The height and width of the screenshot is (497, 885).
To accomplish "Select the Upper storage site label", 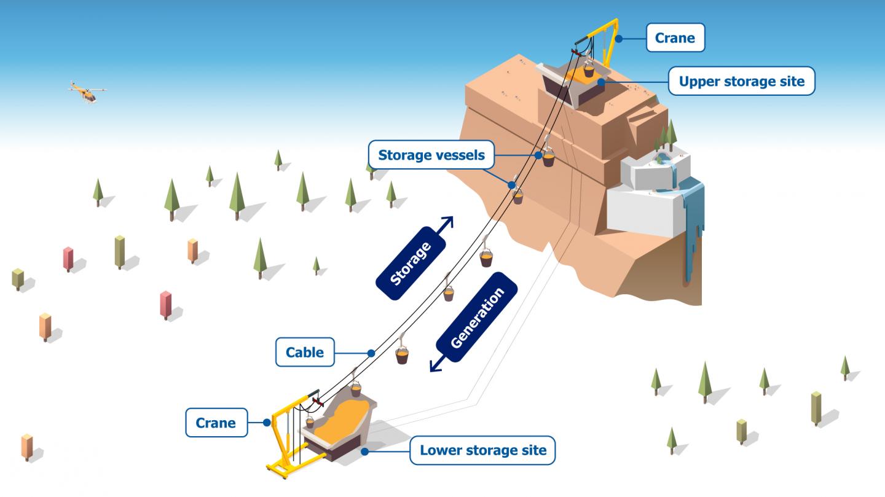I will (741, 81).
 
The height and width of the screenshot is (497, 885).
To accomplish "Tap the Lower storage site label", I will (482, 450).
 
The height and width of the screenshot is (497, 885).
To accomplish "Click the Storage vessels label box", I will (431, 155).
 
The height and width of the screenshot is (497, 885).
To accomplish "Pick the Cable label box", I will (304, 352).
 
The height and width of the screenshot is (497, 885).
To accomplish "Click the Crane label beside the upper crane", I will (675, 37).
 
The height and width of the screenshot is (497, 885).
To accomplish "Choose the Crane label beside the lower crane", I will (216, 423).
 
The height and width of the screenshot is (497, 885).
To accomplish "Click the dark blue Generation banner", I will (477, 318).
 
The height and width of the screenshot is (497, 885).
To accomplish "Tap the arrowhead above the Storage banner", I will (448, 222).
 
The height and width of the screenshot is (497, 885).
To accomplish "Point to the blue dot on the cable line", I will (371, 353).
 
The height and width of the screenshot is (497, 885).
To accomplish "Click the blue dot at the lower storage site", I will (365, 452).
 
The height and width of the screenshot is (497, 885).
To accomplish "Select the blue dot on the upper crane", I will (619, 39).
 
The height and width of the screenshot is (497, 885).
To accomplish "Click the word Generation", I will (477, 318).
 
